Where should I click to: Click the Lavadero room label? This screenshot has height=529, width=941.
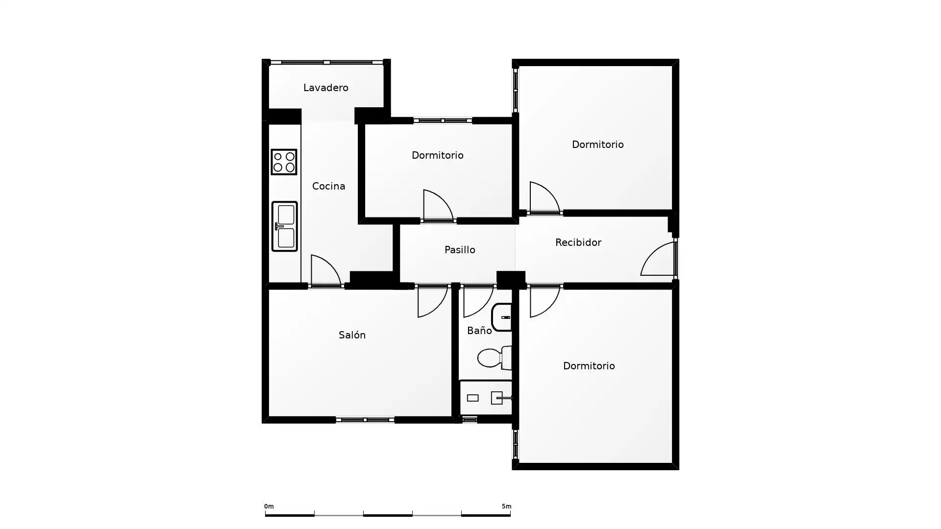click(x=325, y=88)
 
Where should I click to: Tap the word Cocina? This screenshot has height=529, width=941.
click(x=328, y=186)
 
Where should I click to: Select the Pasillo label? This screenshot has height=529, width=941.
click(x=460, y=250)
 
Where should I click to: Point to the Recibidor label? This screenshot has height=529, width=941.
click(x=578, y=242)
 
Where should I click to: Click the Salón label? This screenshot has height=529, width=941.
click(x=352, y=335)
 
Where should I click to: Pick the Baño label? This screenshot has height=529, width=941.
click(x=479, y=331)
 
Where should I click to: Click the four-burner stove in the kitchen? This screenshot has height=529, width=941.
click(x=284, y=162)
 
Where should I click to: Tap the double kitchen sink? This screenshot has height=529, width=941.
click(x=284, y=226)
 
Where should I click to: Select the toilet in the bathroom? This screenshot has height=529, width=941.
click(x=495, y=358)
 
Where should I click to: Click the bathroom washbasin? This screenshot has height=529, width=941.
click(x=502, y=317)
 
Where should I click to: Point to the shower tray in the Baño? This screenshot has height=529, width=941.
click(x=486, y=398)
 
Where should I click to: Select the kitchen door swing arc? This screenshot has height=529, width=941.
click(x=326, y=270)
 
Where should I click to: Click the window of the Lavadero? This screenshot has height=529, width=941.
click(x=326, y=62)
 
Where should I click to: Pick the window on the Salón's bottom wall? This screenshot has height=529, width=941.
click(x=365, y=420)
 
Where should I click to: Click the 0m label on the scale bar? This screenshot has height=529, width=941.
click(x=269, y=506)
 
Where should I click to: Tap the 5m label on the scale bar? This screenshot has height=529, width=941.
click(x=506, y=506)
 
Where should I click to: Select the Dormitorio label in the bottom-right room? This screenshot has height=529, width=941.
click(x=589, y=366)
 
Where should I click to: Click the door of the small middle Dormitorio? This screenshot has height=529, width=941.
click(x=438, y=205)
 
